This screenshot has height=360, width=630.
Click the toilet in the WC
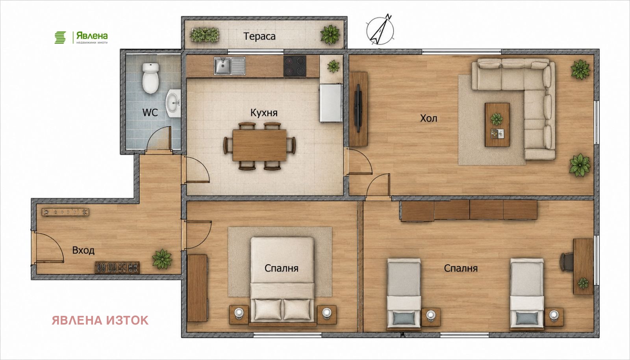click(x=151, y=78)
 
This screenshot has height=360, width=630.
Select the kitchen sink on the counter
click(x=230, y=66)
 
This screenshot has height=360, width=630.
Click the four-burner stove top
click(x=295, y=66)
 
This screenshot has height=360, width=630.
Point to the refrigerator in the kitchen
click(x=331, y=103)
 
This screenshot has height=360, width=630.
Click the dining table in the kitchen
click(x=259, y=145)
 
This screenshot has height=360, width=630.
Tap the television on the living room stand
click(x=358, y=108)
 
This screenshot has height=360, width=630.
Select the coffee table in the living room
click(x=497, y=124)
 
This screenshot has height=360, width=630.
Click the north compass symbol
click(x=380, y=30)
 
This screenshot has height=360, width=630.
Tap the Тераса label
click(x=259, y=36)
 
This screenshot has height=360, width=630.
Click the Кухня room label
click(x=264, y=113)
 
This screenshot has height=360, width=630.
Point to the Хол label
click(x=429, y=119)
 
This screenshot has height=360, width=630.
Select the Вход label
click(x=83, y=251)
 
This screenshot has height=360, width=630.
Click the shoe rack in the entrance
click(x=117, y=267)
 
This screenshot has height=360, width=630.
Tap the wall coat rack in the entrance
click(x=65, y=212)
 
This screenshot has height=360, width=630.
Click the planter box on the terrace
click(x=205, y=35)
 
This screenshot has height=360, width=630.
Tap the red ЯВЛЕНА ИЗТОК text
click(x=100, y=320)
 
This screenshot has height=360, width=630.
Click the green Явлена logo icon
click(x=60, y=37)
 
